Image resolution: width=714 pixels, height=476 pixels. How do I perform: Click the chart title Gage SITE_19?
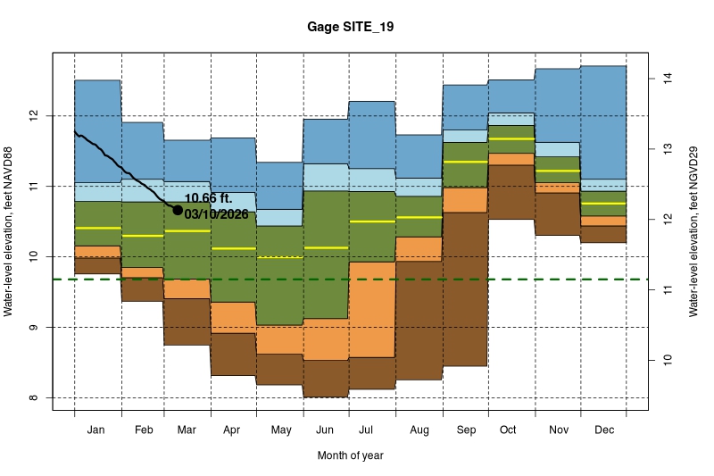coord(349,28)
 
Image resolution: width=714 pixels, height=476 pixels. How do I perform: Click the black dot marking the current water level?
coord(177,210)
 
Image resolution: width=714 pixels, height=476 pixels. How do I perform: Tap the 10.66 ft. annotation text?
coord(211,198)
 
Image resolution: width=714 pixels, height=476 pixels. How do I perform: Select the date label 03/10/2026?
coord(217,214)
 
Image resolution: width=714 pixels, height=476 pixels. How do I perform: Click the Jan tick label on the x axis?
coord(97,430)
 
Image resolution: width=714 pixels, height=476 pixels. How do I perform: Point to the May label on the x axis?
coord(280,430)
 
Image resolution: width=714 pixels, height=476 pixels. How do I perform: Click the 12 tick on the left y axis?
coord(34,116)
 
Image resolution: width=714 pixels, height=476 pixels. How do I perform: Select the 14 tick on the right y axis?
coord(665,79)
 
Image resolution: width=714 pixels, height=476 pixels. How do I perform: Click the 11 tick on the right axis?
coord(665,290)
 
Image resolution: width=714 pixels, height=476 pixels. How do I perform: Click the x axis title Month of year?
coord(350,455)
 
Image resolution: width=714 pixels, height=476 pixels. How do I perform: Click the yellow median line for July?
coord(372,221)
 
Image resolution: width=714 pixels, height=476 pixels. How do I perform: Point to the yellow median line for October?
coord(511,139)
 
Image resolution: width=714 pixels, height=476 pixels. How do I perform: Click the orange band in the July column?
coord(372,309)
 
